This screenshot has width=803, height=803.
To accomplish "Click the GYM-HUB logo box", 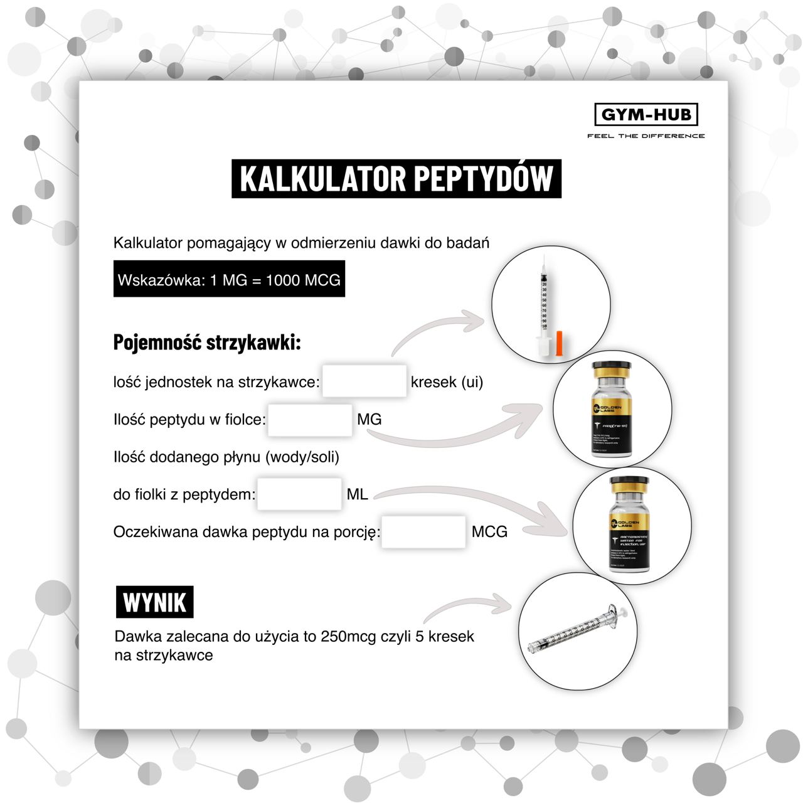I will click(x=646, y=115).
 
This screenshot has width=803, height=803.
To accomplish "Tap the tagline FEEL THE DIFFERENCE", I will click(x=646, y=136).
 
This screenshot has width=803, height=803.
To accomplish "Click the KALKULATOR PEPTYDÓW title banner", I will click(x=396, y=179).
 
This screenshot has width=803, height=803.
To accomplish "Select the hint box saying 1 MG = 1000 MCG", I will click(x=229, y=280).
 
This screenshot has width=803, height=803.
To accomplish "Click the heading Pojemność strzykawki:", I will click(x=207, y=343).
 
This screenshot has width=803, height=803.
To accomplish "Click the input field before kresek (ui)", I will click(x=364, y=381).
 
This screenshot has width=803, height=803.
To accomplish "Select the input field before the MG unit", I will click(x=309, y=419).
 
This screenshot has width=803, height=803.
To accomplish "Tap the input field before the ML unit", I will click(x=299, y=494).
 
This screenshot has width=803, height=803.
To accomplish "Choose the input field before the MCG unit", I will click(x=423, y=532).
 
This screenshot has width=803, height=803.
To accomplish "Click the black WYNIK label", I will click(x=154, y=602).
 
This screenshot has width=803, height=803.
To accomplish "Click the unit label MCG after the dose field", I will click(x=489, y=532).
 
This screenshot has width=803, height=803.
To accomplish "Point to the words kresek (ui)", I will click(x=447, y=382).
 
